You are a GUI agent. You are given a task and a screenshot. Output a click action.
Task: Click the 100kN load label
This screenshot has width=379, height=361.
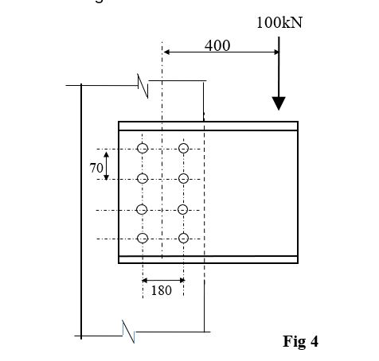pos(279,22)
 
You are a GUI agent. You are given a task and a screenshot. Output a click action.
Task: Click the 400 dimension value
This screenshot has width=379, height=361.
pos(217,45)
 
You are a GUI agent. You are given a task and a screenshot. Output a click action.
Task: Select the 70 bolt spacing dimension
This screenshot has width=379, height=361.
pos(96,168)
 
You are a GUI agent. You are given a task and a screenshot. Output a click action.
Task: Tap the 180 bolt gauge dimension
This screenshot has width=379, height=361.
pos(161,290)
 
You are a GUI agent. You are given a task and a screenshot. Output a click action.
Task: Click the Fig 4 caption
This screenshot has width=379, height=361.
pos(300,341)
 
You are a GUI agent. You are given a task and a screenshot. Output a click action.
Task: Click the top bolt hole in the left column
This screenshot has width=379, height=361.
pos(143,149)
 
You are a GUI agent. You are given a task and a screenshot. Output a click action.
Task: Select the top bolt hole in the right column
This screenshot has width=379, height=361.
pos(184,149)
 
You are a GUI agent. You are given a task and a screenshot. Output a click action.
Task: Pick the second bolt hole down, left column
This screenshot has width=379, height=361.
pos(143,179)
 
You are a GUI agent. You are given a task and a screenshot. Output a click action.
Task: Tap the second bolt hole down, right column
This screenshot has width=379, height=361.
pos(184,179)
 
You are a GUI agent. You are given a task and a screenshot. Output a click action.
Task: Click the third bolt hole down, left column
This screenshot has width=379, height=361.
pos(143,209)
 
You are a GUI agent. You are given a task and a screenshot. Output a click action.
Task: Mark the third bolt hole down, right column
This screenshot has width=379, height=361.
pos(184,209)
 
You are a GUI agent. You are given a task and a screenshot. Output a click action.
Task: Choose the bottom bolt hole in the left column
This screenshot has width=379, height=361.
pos(143,239)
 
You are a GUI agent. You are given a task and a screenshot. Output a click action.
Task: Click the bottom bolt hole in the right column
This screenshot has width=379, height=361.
pos(184,239)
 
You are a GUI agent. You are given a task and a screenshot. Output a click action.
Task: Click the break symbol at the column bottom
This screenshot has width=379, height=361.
pos(127,328)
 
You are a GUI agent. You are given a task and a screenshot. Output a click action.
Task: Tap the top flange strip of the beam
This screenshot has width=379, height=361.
pos(208,126)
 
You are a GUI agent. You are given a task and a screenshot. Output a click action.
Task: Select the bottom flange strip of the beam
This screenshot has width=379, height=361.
pos(208,258)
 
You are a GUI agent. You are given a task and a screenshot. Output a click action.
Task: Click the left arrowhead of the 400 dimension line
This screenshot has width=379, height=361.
pos(166,53)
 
